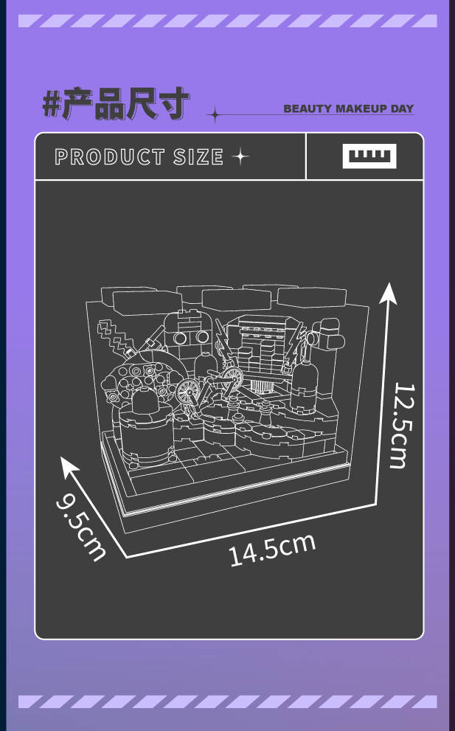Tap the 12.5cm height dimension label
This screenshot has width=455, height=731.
click(x=403, y=425)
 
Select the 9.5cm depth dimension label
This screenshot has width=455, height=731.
click(x=80, y=527)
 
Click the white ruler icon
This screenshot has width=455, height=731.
click(x=369, y=156)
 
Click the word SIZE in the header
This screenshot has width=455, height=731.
click(x=198, y=156)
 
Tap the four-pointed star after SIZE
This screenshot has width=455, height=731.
click(x=240, y=156)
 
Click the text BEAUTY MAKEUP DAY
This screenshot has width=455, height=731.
click(x=348, y=108)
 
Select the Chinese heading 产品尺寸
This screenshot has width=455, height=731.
click(x=126, y=103)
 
